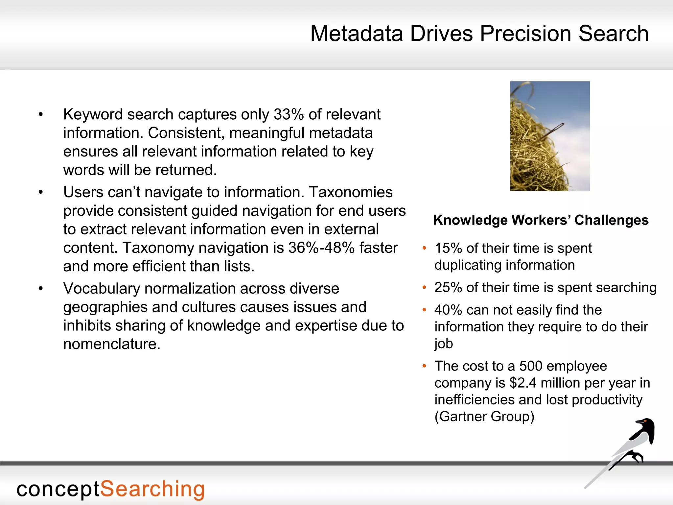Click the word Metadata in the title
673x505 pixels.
[357, 34]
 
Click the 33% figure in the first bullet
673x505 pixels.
[289, 114]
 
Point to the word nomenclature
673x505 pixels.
[111, 344]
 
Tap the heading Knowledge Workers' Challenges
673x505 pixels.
[541, 220]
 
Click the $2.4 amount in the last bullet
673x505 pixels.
[523, 383]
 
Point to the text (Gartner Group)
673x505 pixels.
[484, 417]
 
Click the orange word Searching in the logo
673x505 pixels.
[152, 489]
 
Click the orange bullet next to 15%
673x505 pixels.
[424, 248]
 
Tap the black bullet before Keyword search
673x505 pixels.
[41, 115]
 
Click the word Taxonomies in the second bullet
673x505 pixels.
[351, 192]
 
